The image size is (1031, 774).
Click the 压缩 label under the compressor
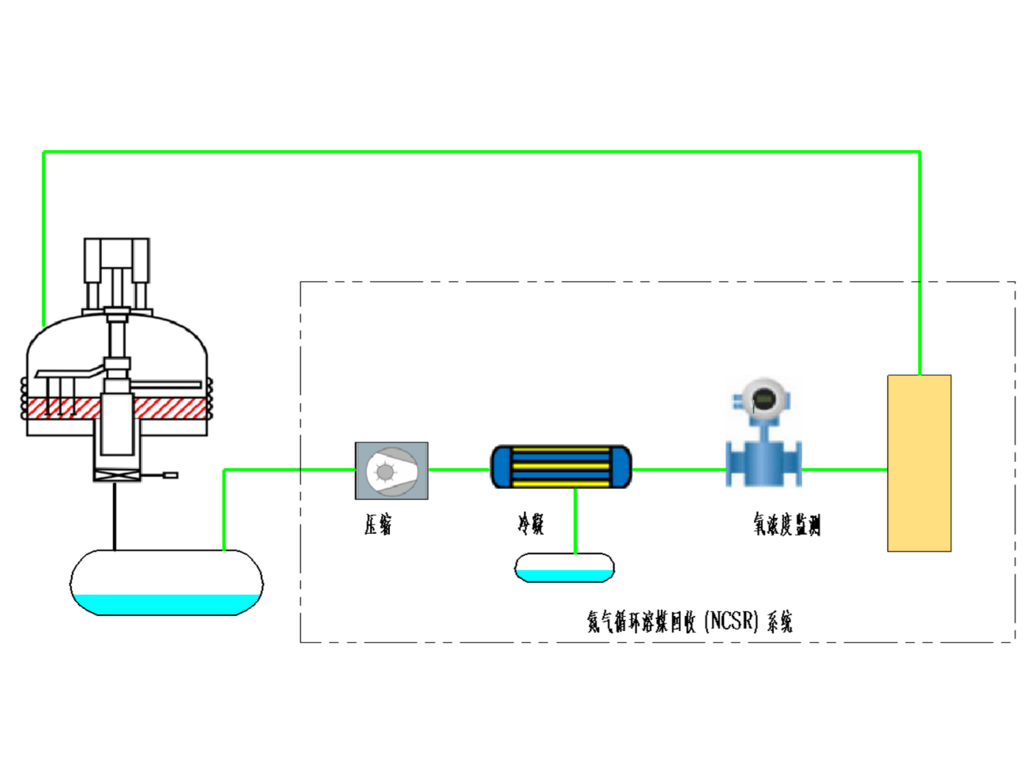(378, 524)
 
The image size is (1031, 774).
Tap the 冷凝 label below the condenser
(530, 524)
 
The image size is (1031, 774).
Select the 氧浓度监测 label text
(786, 524)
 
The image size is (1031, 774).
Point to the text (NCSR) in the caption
(731, 621)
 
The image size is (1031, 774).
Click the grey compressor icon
(392, 471)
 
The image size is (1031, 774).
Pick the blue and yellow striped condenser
(561, 467)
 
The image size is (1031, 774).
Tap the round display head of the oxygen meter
(763, 400)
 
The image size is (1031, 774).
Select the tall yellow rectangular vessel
(919, 463)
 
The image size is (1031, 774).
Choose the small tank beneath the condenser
(564, 568)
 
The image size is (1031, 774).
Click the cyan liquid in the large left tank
(167, 604)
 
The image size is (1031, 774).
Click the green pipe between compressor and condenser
(459, 469)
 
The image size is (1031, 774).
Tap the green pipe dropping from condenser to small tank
(575, 521)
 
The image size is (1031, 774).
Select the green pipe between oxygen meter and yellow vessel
(845, 469)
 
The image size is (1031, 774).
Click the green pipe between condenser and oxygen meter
(679, 469)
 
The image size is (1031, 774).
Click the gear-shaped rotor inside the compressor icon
(384, 472)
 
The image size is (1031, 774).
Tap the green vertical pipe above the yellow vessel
(920, 261)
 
